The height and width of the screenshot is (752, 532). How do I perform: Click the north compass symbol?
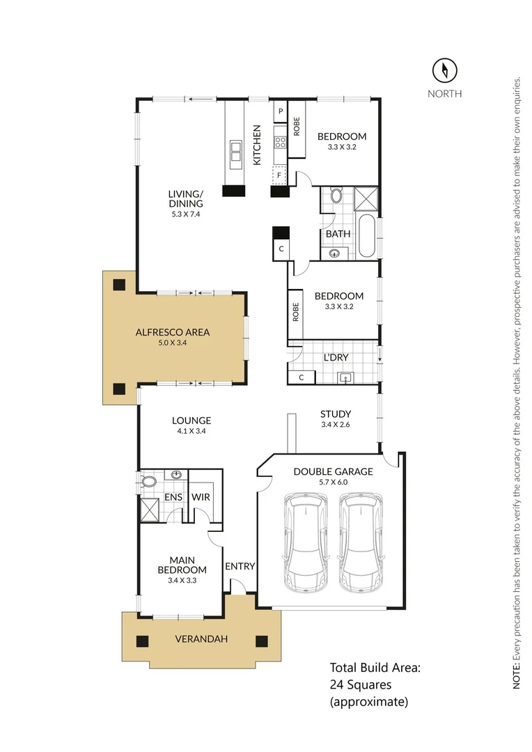444,70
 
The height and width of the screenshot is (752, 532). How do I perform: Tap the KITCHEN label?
257,145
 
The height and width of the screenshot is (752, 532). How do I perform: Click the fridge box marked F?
280,176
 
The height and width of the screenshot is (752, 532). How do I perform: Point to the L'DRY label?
336,358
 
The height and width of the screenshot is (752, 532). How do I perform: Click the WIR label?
201,497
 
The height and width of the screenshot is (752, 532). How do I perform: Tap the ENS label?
173,497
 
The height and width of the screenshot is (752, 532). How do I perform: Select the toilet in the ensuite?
148,481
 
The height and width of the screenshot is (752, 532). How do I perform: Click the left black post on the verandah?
142,641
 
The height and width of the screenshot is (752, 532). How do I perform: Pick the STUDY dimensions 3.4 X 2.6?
336,425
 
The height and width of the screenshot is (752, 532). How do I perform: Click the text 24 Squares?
359,685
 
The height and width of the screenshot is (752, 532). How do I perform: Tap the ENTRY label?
240,566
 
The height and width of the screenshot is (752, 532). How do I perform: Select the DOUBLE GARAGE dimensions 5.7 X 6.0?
333,483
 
